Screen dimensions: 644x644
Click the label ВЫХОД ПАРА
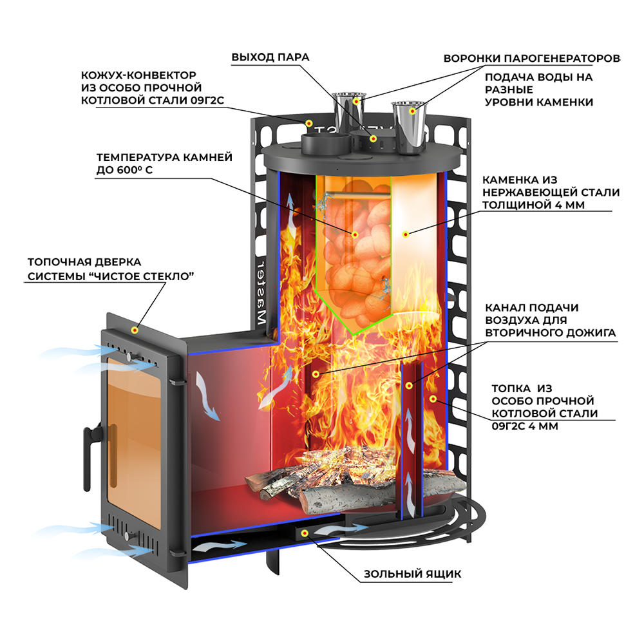click(x=270, y=57)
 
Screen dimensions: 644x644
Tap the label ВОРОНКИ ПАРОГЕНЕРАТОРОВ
click(x=532, y=58)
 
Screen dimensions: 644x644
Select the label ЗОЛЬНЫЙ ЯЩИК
click(x=412, y=574)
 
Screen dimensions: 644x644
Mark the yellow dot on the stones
click(x=354, y=234)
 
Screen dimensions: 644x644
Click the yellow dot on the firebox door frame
click(x=135, y=330)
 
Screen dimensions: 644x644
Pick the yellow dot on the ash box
click(x=305, y=533)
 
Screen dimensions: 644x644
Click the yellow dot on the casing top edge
click(x=309, y=122)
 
